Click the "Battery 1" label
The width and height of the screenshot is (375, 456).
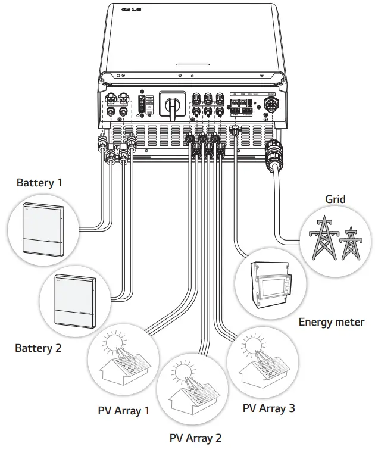[x=39, y=182]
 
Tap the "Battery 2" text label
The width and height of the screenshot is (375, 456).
[x=38, y=348]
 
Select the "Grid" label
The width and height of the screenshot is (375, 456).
[x=335, y=199]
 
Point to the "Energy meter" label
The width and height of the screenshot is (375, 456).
[x=331, y=322]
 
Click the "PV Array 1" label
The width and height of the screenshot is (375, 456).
[x=124, y=410]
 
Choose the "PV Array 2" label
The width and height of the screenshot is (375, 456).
[x=195, y=438]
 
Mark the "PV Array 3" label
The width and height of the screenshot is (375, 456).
[x=268, y=408]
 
